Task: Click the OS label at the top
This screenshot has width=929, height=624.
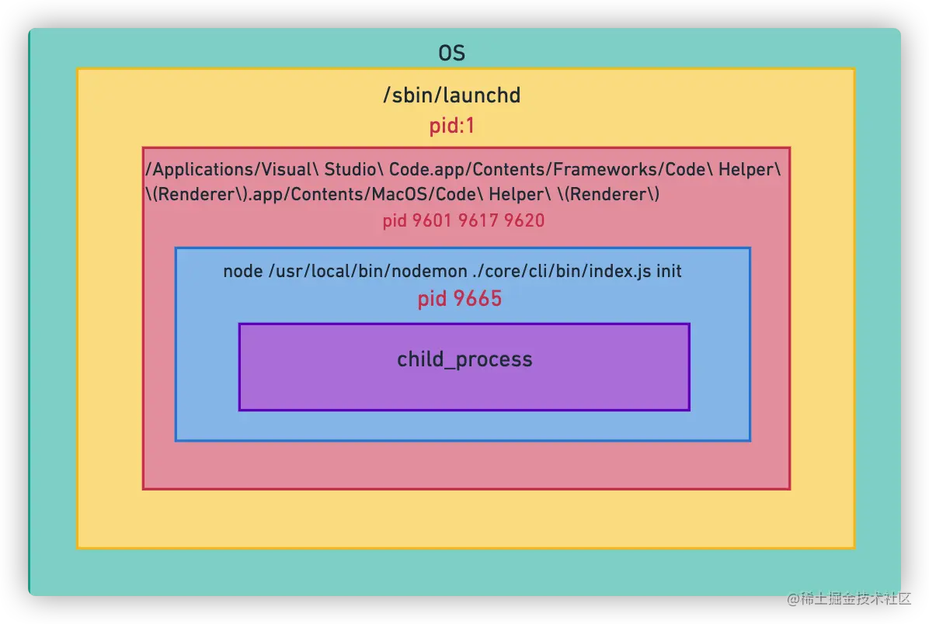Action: click(x=451, y=54)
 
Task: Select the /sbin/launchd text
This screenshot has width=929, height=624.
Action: click(x=451, y=95)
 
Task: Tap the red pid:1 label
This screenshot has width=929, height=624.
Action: click(x=451, y=126)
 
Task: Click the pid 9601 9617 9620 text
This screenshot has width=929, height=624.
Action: click(x=463, y=221)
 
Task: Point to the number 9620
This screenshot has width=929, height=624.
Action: click(x=524, y=221)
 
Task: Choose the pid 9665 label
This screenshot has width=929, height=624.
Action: click(x=460, y=299)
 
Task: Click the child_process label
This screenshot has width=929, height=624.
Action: click(x=464, y=359)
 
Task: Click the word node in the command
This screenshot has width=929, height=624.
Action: click(x=242, y=272)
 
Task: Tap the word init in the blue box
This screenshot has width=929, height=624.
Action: click(x=669, y=272)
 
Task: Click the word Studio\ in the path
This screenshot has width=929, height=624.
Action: click(x=353, y=169)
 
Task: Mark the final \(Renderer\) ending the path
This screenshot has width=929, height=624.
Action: click(x=608, y=194)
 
